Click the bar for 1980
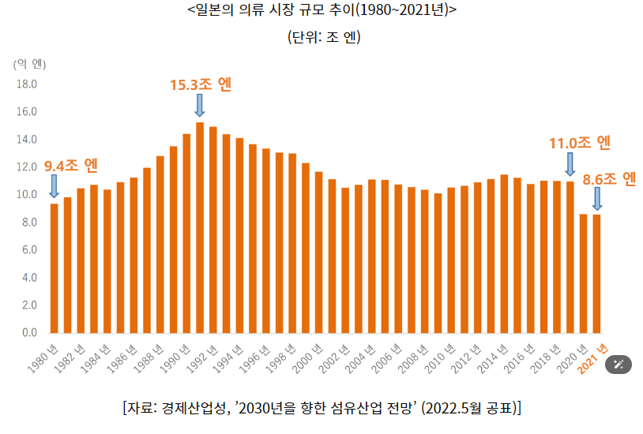pos(55,268)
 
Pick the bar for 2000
pos(318,252)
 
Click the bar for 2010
pos(451,260)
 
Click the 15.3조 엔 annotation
pos(201,84)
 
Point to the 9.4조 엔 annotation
pos(71,166)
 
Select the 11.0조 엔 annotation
pos(581,143)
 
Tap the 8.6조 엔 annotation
pos(609,178)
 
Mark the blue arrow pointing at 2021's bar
pos(596,198)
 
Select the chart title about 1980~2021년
pos(322,11)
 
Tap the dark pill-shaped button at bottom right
pos(619,364)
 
